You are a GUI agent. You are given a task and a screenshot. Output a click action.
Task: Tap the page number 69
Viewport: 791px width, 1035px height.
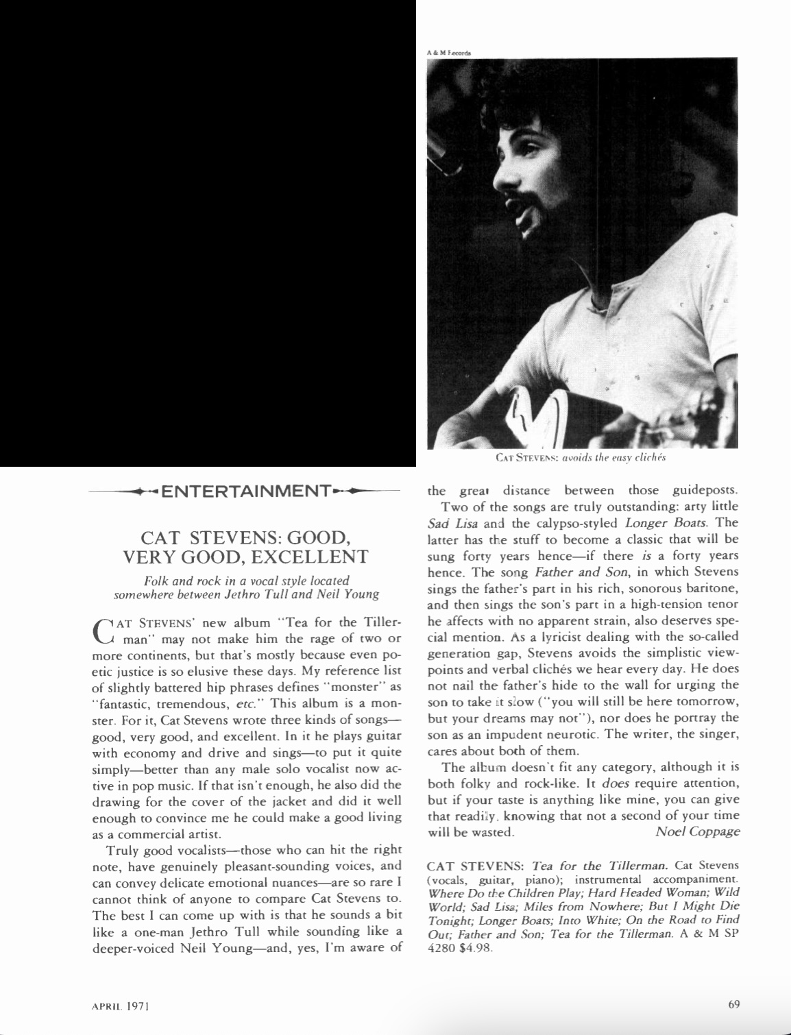(x=733, y=1005)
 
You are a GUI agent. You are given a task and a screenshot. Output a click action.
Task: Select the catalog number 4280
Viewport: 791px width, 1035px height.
(x=437, y=949)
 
